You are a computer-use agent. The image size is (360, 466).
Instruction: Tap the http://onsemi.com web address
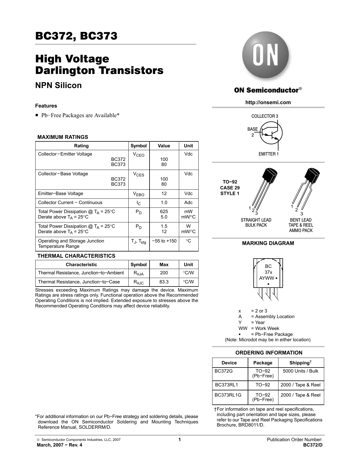[268, 102]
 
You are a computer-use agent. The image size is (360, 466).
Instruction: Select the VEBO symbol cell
[139, 194]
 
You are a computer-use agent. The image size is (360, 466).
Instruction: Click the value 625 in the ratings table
[164, 212]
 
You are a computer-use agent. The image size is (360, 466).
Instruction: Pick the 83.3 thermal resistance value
[164, 282]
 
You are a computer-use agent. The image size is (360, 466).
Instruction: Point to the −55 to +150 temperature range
[164, 241]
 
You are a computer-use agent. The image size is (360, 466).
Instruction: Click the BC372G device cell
[224, 371]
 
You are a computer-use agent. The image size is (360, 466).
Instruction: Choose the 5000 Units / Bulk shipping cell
[300, 371]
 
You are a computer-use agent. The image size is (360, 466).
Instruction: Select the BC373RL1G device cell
[228, 395]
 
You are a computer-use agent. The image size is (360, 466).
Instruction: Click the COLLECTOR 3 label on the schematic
[265, 116]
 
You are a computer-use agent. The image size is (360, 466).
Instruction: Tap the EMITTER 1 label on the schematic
[268, 154]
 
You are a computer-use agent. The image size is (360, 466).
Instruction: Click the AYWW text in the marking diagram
[267, 278]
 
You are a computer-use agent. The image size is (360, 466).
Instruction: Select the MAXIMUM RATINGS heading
[63, 137]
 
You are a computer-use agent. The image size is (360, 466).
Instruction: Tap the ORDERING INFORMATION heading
[269, 353]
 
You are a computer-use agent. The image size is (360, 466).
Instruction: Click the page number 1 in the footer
[179, 439]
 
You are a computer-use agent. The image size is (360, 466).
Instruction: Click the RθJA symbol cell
[139, 273]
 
